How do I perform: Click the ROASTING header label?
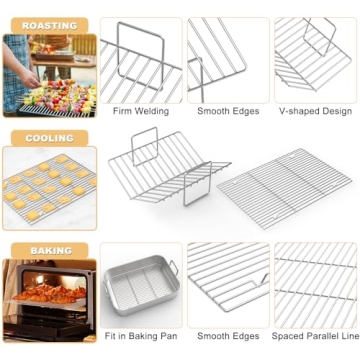pos(49,25)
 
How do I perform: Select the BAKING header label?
pos(50,250)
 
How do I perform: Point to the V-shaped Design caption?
pos(314,111)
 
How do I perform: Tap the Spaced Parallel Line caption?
pos(314,338)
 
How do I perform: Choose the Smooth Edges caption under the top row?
pos(226,111)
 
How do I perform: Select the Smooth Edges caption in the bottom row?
pos(226,338)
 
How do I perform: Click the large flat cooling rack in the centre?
pos(286,190)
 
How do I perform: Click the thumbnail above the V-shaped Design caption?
pos(314,58)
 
